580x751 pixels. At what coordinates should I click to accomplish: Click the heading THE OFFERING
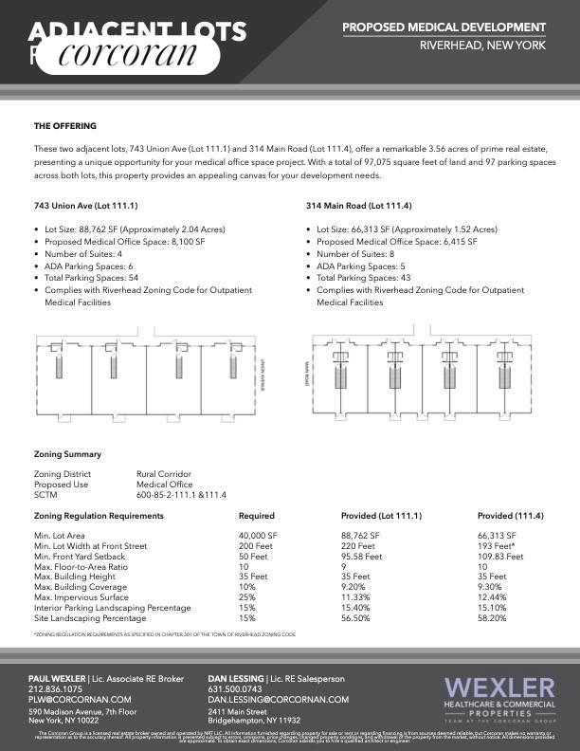click(x=64, y=125)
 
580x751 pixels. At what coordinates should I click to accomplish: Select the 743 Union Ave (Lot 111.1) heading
click(x=85, y=205)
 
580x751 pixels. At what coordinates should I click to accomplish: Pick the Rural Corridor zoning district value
click(x=164, y=473)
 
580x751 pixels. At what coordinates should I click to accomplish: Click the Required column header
click(x=256, y=516)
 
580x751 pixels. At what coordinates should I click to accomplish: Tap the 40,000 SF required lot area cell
click(x=257, y=536)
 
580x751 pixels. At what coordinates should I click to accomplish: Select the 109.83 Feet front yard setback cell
click(x=501, y=557)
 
